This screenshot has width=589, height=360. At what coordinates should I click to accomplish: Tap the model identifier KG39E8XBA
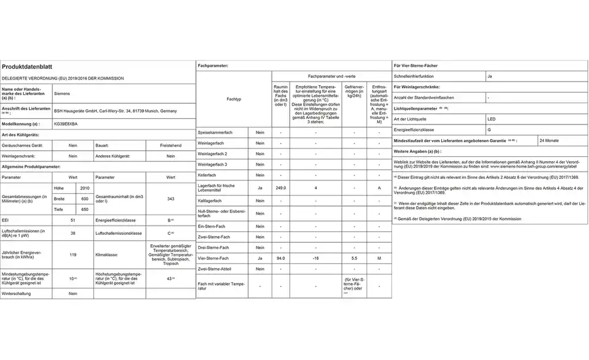pos(66,124)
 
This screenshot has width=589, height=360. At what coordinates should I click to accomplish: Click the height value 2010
pos(85,188)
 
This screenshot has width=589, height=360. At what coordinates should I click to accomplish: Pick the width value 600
pos(85,199)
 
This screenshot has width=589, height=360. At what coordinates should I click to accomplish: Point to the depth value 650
pos(85,210)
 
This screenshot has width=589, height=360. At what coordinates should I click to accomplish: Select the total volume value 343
pos(171,199)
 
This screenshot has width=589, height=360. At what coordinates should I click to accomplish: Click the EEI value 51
pos(72,220)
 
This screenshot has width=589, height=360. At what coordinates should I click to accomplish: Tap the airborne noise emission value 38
pos(72,233)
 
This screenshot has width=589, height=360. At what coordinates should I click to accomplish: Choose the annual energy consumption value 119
pos(72,254)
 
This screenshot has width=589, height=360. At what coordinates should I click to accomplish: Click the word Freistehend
pos(171,145)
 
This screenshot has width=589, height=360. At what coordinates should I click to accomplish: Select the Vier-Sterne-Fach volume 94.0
pos(280,258)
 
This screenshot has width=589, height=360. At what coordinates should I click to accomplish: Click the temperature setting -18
pos(315,258)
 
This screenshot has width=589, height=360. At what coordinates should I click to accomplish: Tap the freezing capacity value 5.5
pos(355,258)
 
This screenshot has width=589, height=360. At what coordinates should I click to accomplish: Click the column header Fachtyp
pos(233,99)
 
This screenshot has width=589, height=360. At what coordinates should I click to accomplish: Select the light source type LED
pos(491,118)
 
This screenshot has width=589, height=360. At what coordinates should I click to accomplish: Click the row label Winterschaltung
pos(18,294)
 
